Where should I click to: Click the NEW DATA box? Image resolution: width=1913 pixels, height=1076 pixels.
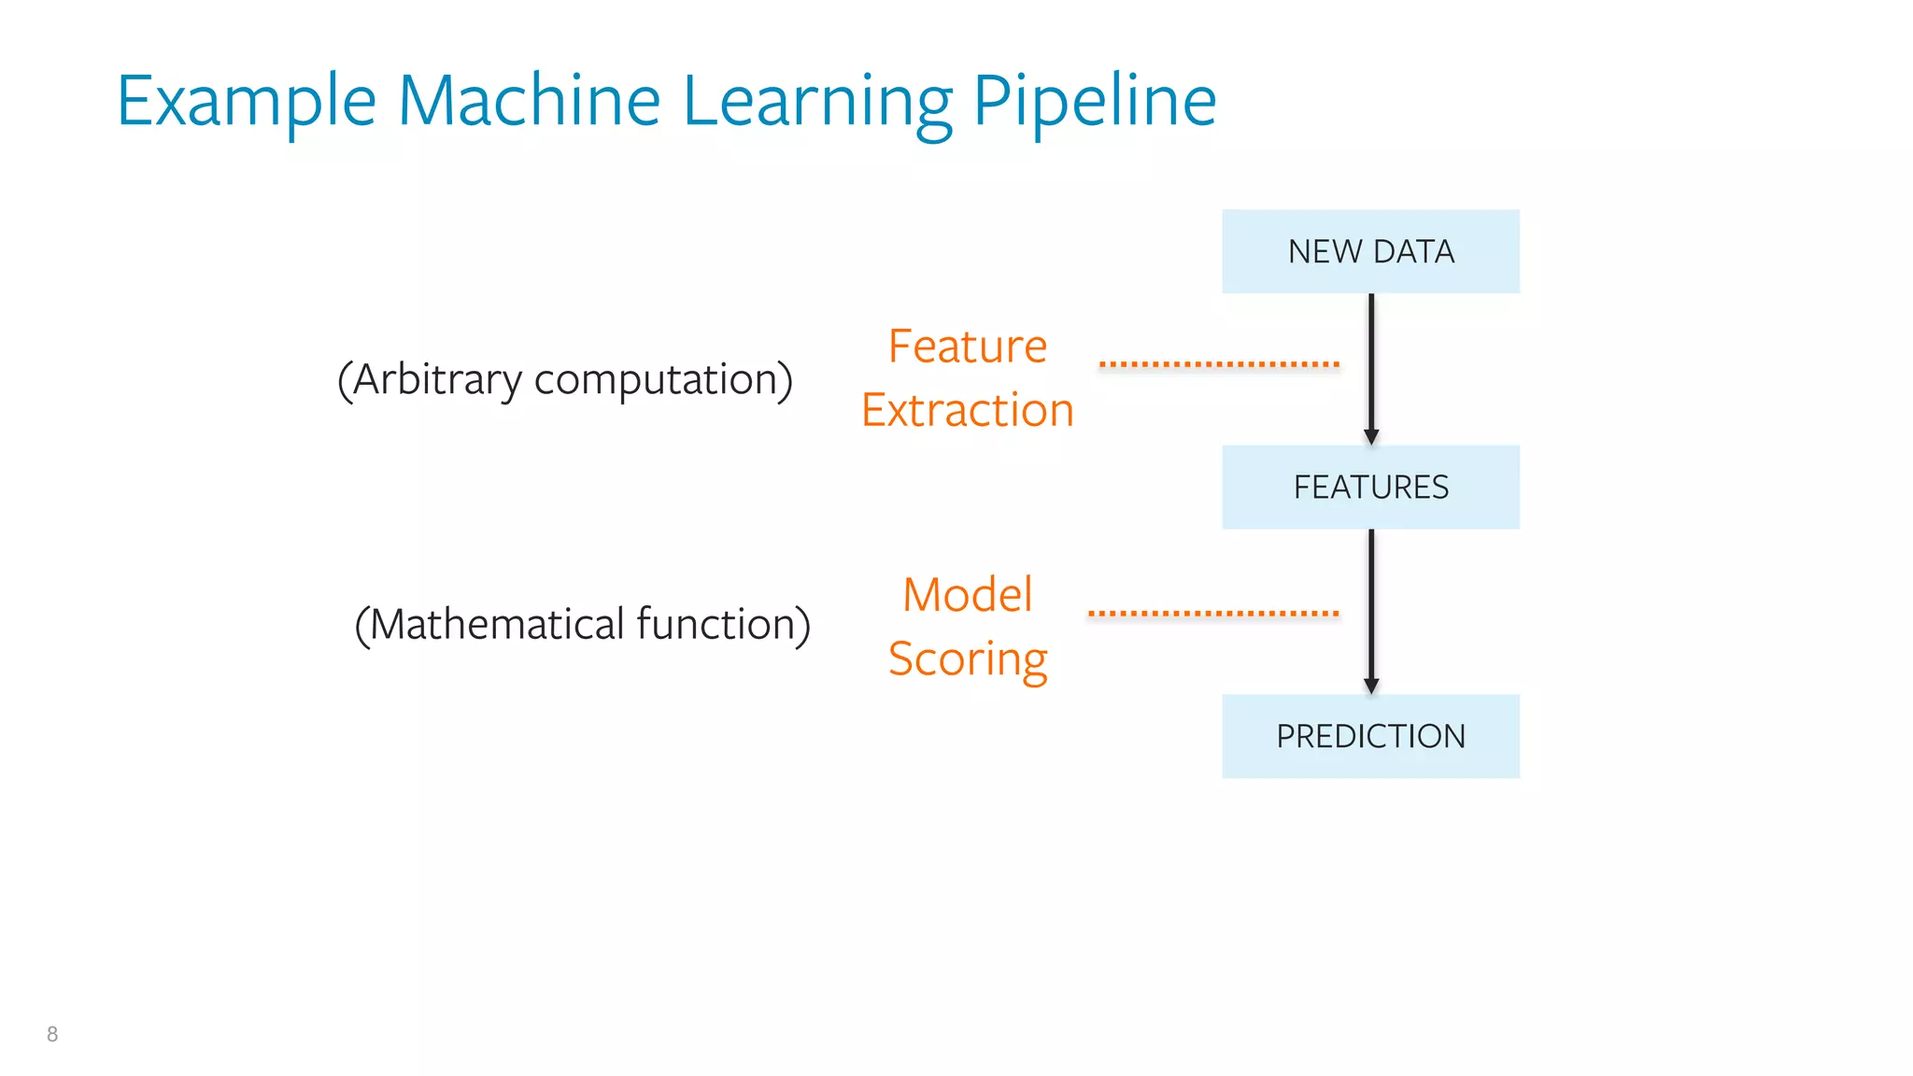pyautogui.click(x=1370, y=251)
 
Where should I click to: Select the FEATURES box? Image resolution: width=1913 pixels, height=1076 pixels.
pyautogui.click(x=1370, y=487)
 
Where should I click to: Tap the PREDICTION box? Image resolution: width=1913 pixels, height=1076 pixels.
pyautogui.click(x=1370, y=736)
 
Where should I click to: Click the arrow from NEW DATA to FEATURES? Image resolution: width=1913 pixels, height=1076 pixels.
pyautogui.click(x=1371, y=364)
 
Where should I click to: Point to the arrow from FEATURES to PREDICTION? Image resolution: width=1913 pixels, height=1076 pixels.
pyautogui.click(x=1371, y=607)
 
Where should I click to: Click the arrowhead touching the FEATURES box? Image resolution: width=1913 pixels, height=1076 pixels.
pyautogui.click(x=1371, y=437)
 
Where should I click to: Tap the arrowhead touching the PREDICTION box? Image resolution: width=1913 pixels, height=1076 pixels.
pyautogui.click(x=1371, y=687)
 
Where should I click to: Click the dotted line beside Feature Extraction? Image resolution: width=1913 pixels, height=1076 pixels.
pyautogui.click(x=1219, y=364)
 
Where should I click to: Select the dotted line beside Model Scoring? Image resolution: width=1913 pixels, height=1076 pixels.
pyautogui.click(x=1213, y=614)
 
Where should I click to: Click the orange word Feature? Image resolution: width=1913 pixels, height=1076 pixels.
pyautogui.click(x=967, y=347)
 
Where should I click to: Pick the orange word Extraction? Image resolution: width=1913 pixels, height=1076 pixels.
pyautogui.click(x=967, y=410)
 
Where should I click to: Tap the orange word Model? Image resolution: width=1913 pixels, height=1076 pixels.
pyautogui.click(x=967, y=595)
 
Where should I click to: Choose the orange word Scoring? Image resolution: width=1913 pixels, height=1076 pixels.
pyautogui.click(x=967, y=659)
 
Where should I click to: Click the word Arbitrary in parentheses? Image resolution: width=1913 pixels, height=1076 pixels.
pyautogui.click(x=434, y=380)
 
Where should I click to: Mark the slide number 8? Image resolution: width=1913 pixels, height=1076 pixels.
pyautogui.click(x=52, y=1034)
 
